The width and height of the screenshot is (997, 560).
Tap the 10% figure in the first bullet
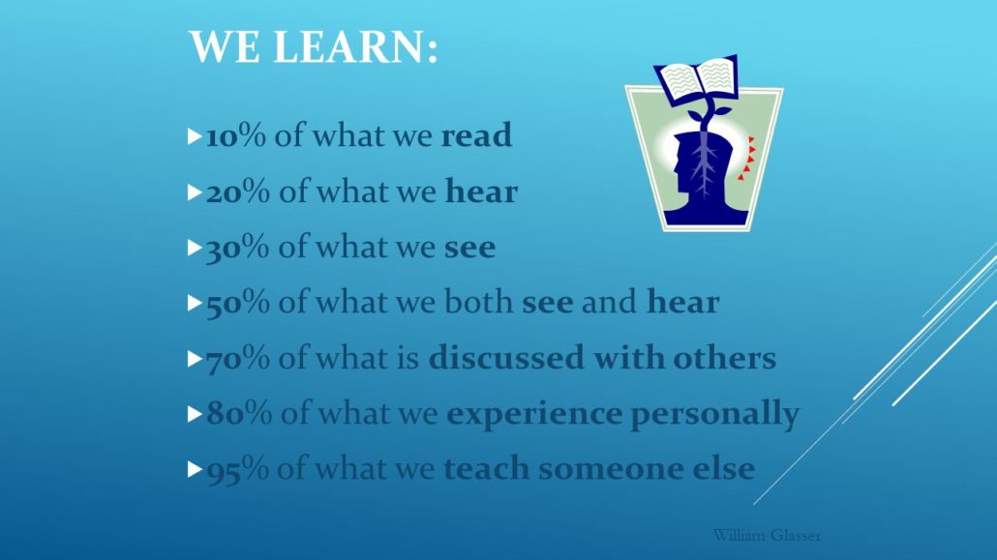(236, 135)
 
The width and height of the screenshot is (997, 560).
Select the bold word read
(476, 135)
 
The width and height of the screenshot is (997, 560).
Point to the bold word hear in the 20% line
(481, 192)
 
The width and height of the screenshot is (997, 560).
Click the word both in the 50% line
(479, 302)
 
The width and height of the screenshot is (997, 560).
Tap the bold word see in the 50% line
(548, 303)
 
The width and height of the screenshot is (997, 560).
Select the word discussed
(506, 358)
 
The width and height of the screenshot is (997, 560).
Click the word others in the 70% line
(725, 358)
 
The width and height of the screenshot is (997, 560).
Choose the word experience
(534, 415)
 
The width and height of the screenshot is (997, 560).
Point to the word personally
(714, 415)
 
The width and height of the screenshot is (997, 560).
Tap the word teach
(487, 469)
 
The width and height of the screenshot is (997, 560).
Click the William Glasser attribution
(767, 535)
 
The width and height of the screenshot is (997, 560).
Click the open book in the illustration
(696, 79)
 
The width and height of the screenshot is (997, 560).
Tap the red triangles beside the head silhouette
(746, 159)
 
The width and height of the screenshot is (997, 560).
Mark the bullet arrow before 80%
(195, 414)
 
